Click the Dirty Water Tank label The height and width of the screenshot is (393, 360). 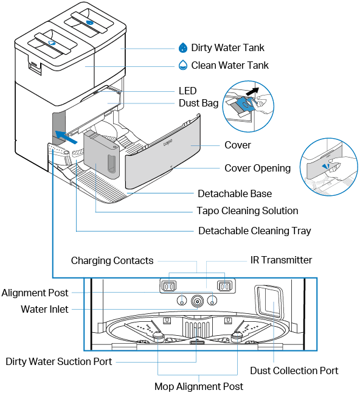pos(227,47)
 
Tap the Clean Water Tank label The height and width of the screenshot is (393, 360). pos(230,65)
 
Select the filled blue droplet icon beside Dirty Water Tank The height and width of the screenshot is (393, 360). pos(183,47)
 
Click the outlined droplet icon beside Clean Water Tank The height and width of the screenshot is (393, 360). pos(183,65)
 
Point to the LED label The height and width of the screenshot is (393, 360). pos(188,91)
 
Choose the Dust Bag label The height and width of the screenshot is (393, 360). pos(198,103)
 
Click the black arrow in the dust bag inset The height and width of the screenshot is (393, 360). pos(252,91)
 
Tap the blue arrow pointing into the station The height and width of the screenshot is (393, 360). pos(66,137)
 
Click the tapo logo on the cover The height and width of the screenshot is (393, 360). pos(168,142)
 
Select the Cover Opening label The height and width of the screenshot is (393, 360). pos(258,168)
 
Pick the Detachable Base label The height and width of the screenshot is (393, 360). pos(235,193)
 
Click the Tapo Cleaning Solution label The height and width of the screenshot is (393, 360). pos(247,210)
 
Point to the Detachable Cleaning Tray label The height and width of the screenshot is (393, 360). pos(255,231)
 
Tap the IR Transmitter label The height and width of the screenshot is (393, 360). pos(281,260)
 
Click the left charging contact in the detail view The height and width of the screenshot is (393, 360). pos(169,286)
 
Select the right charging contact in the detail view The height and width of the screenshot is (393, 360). pos(225,286)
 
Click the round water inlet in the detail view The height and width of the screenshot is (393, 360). pos(197,301)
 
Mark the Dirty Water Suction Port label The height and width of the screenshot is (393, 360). pos(59,361)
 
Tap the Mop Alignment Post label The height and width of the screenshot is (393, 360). pos(199,386)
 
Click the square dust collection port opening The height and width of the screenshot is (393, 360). pos(269,302)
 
